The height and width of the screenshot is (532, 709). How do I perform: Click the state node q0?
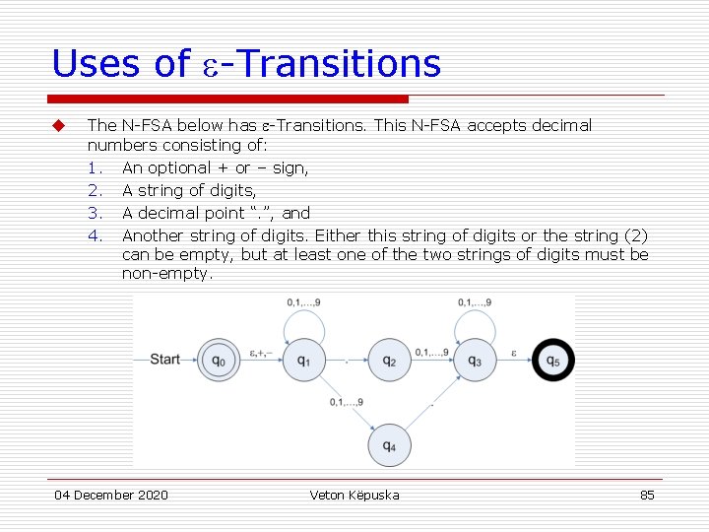click(219, 361)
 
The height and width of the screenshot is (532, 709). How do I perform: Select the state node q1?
click(304, 361)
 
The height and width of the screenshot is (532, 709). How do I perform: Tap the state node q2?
click(389, 361)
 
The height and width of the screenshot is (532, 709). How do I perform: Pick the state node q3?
click(475, 361)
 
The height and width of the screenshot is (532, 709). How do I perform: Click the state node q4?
click(389, 445)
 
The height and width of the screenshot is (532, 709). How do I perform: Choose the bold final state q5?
click(553, 361)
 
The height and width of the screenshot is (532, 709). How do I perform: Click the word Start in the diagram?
click(164, 360)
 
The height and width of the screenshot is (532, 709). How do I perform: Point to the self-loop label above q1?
click(303, 301)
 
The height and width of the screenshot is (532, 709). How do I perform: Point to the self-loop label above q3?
click(475, 301)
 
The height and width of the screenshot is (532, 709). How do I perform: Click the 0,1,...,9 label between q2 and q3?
click(431, 352)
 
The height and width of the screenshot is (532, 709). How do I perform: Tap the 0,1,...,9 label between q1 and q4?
click(346, 401)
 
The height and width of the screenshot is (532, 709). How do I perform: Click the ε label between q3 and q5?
click(513, 352)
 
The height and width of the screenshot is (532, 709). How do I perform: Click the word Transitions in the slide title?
click(340, 64)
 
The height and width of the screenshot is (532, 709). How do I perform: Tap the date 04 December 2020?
click(110, 495)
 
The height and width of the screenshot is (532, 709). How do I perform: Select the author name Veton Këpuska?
click(354, 495)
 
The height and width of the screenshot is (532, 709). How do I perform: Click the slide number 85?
click(647, 495)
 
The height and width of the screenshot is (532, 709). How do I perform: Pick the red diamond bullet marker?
click(58, 125)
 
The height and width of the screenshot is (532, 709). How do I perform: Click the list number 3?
click(95, 212)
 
